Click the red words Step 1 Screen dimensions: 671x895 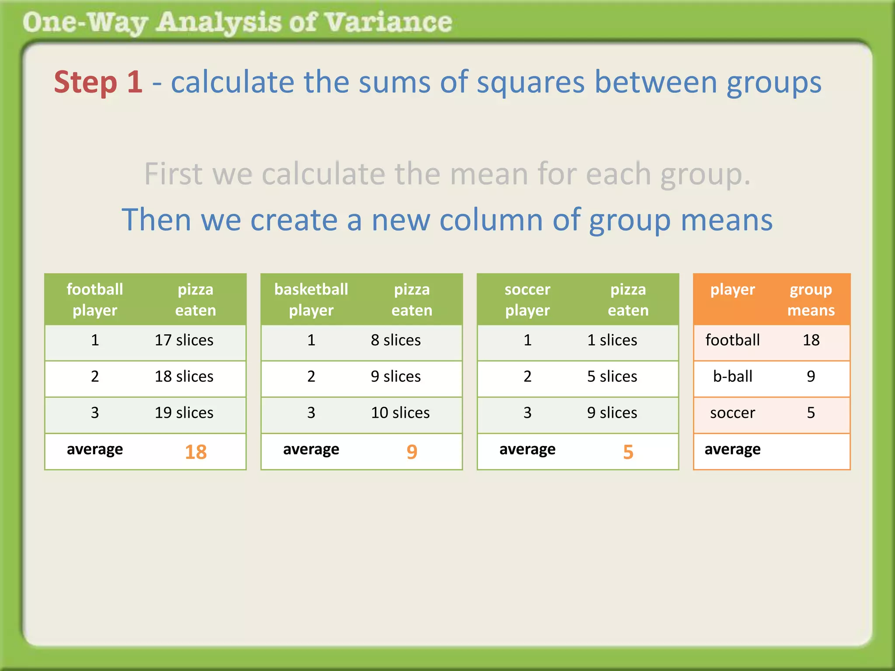click(98, 82)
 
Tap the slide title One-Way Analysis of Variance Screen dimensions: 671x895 click(237, 22)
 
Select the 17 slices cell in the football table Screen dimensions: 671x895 click(184, 340)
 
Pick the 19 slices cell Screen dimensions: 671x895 click(184, 413)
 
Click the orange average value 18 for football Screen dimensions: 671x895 click(195, 452)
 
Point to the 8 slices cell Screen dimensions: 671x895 click(395, 340)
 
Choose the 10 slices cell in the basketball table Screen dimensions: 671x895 click(400, 413)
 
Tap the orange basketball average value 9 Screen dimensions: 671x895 click(412, 452)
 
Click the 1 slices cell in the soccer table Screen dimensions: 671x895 click(612, 340)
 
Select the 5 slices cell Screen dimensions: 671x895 click(612, 377)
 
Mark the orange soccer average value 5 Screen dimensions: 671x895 click(628, 452)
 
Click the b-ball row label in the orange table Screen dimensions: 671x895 click(732, 377)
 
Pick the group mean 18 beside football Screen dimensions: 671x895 click(811, 340)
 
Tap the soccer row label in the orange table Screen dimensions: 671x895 click(732, 413)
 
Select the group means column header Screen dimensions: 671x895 click(811, 300)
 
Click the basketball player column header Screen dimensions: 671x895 click(311, 300)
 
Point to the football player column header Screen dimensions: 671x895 click(95, 300)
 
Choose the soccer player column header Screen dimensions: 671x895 click(527, 300)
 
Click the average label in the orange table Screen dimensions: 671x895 click(732, 449)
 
